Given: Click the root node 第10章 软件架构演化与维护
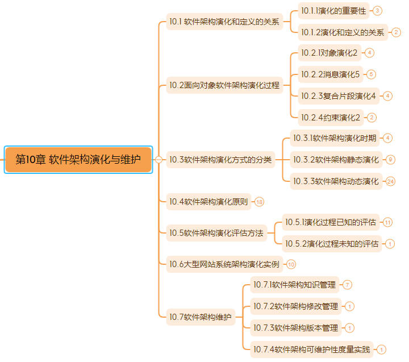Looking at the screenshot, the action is pos(78,160).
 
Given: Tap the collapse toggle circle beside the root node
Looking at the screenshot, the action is pos(158,160).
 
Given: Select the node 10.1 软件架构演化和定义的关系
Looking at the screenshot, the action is pos(224,22).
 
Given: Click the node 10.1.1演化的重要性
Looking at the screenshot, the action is pos(333,11).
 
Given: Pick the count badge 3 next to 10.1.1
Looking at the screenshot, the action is pos(377,11).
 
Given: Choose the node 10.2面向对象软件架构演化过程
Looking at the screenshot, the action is pos(224,85).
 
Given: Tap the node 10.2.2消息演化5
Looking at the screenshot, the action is pos(331,74).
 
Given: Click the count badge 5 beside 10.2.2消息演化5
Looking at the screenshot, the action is pos(371,74).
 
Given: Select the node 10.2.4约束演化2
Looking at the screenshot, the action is pos(331,118).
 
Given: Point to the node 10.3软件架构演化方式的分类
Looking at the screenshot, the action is pos(220,160).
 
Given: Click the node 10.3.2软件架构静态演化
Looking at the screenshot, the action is pos(336,160).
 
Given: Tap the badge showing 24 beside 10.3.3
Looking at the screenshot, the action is pos(390,181).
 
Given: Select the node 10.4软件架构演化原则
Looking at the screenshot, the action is pos(208,202).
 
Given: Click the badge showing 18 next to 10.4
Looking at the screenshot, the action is pos(259,202).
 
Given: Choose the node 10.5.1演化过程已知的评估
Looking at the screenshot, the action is pos(331,222).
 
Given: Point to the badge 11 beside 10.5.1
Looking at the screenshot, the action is pos(387,222).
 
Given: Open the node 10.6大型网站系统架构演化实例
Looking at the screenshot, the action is pos(224,264).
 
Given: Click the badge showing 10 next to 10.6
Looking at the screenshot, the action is pos(291,264).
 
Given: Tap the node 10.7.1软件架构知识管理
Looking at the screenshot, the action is pos(295,285).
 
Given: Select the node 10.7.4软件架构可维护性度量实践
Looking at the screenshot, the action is pos(312,349).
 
